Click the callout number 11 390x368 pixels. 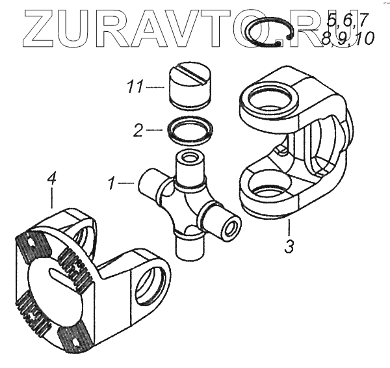[x=135, y=87]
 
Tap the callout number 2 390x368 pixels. [x=138, y=130]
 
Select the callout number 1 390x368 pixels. [x=111, y=183]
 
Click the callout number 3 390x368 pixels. [x=289, y=246]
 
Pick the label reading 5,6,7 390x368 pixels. [x=347, y=21]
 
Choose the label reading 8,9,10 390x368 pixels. [x=348, y=39]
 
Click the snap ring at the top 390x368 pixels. [x=268, y=34]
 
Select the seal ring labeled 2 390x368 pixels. [x=190, y=130]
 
